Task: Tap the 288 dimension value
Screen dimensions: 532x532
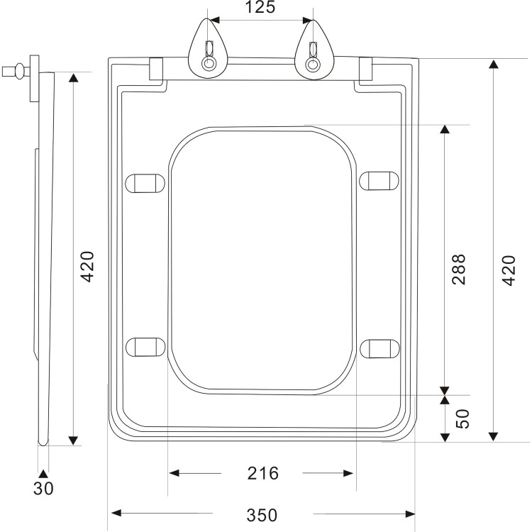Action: point(459,269)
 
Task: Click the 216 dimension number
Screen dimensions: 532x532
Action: point(263,473)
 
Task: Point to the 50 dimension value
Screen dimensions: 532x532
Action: point(462,419)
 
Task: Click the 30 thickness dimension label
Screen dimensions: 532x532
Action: point(43,489)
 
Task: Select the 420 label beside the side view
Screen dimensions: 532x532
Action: point(87,267)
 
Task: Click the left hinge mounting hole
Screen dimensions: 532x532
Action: point(209,65)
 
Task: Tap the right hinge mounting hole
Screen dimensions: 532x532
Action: point(312,65)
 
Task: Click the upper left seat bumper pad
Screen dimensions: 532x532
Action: point(145,182)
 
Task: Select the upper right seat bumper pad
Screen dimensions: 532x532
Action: point(379,181)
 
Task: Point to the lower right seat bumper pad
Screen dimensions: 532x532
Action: point(379,348)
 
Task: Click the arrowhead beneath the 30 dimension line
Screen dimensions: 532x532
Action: point(43,473)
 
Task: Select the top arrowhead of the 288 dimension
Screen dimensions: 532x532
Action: point(445,130)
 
